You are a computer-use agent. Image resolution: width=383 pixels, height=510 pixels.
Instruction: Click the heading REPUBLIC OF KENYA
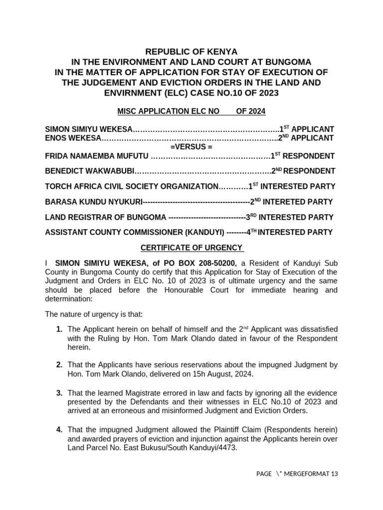click(x=191, y=52)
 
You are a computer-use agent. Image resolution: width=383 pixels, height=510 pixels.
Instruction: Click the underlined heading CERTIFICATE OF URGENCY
click(x=191, y=248)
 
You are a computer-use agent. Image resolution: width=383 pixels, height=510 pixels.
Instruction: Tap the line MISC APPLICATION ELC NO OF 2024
click(x=191, y=112)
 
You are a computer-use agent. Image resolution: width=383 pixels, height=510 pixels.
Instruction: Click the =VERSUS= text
click(x=191, y=147)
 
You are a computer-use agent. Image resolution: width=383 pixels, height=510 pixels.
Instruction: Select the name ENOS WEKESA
click(x=73, y=138)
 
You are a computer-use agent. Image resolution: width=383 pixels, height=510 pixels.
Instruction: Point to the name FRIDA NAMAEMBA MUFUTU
click(x=97, y=156)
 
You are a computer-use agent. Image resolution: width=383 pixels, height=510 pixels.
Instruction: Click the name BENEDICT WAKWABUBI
click(x=90, y=171)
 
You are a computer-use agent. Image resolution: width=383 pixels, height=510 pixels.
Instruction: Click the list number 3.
click(x=59, y=393)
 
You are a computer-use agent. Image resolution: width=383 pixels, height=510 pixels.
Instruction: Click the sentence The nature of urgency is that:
click(x=94, y=314)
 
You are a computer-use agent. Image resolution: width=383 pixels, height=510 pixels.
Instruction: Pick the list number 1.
click(x=59, y=329)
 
